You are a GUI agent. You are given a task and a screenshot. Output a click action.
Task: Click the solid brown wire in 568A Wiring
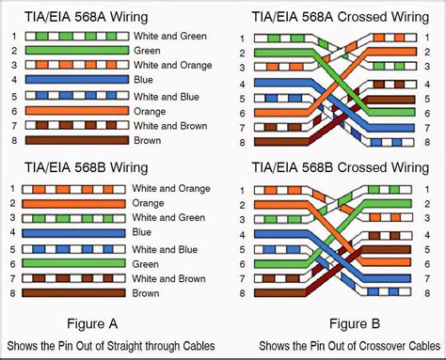click(76, 140)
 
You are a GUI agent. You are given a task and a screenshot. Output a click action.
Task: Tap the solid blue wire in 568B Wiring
click(76, 232)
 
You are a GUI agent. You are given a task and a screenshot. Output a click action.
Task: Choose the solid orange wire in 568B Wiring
click(76, 203)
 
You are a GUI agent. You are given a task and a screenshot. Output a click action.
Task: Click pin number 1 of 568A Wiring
click(13, 37)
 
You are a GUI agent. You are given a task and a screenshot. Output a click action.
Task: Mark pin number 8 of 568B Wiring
click(13, 293)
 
